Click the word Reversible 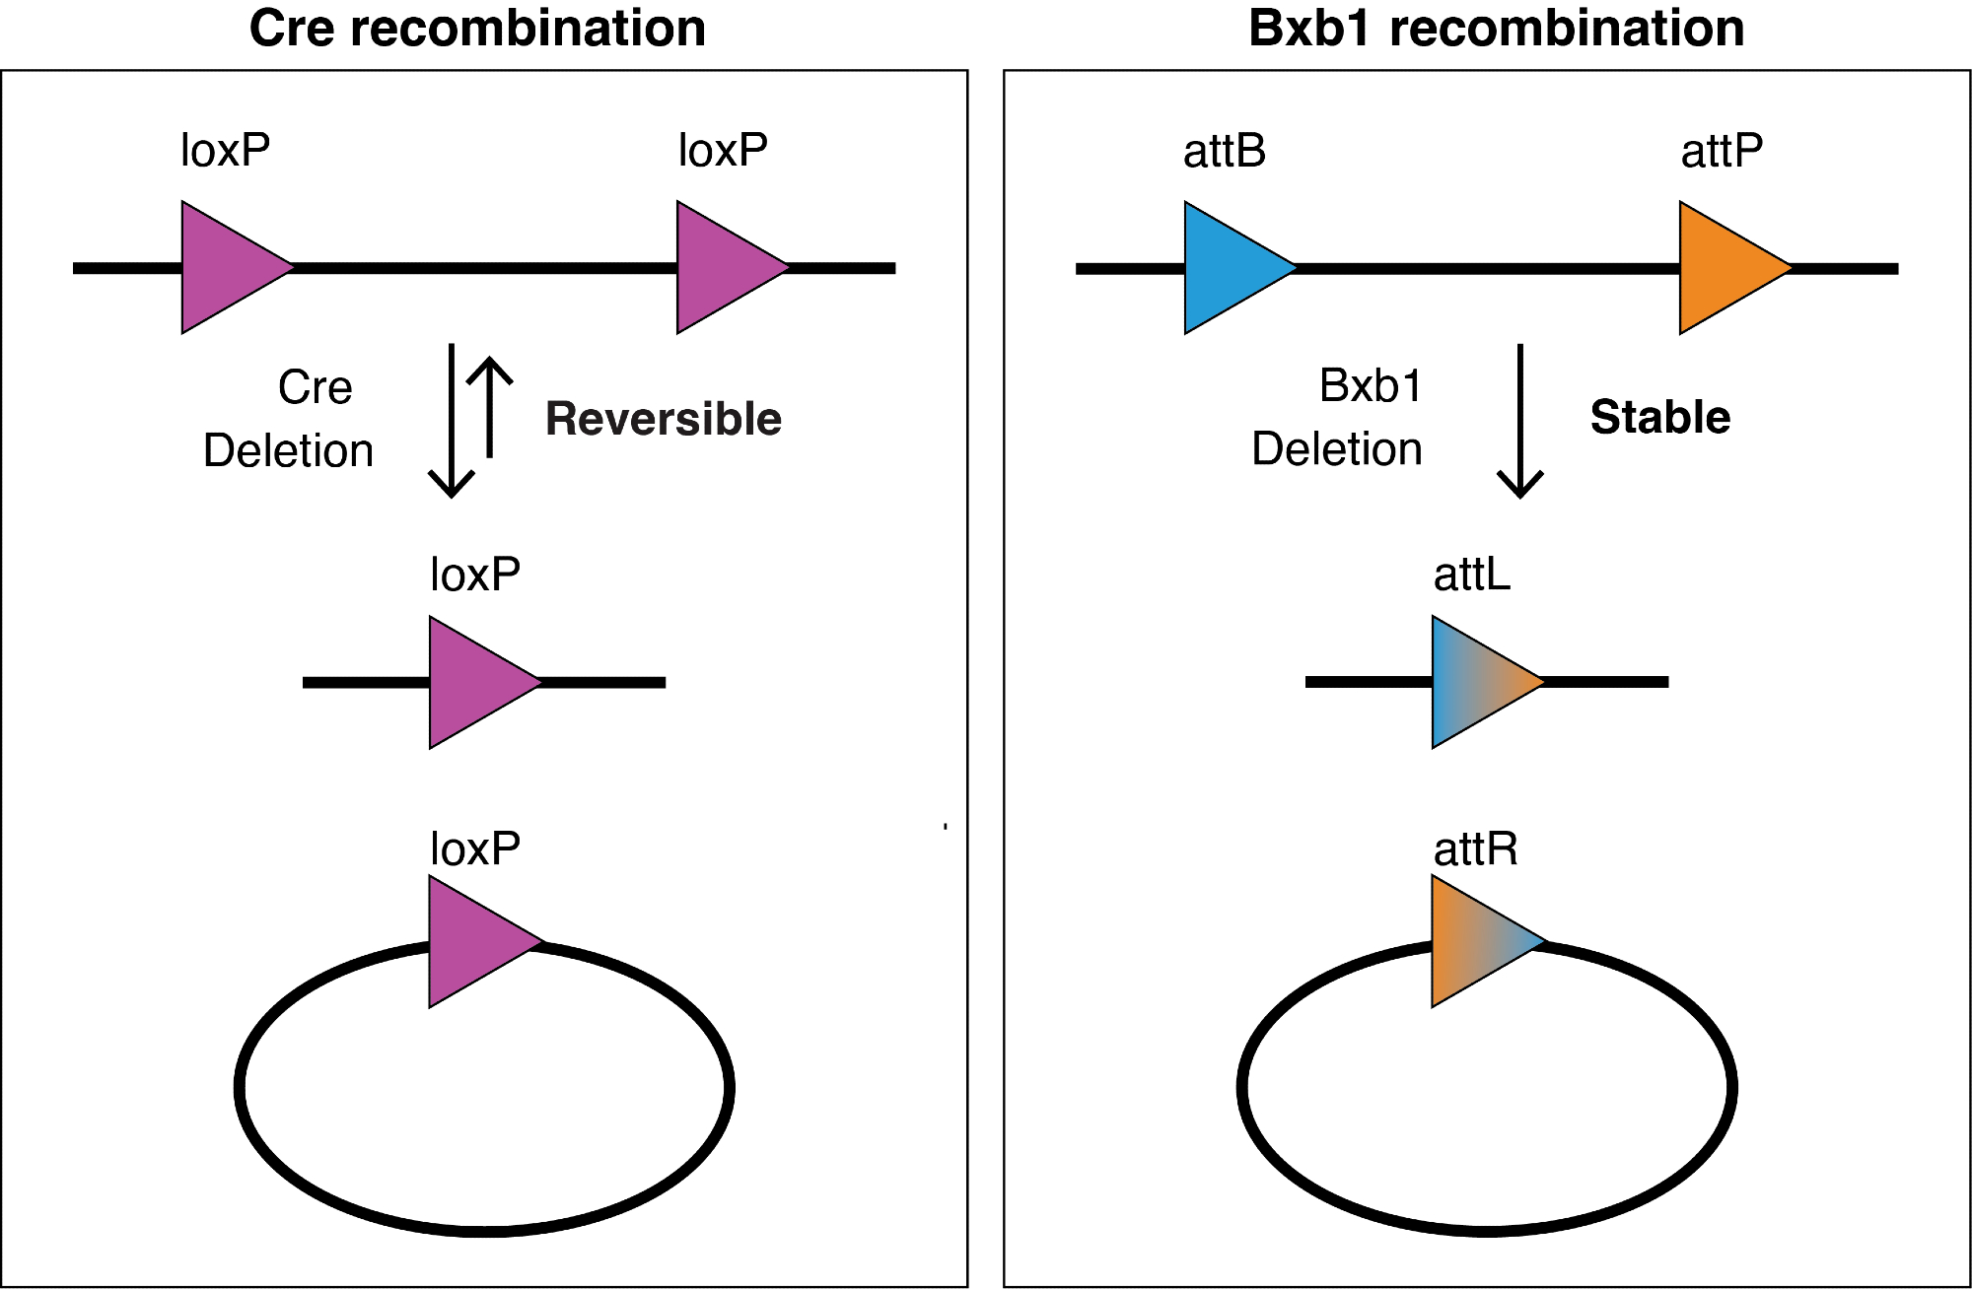[x=664, y=419]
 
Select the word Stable [x=1660, y=417]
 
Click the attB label [x=1225, y=151]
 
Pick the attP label [x=1722, y=151]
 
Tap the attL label [x=1471, y=574]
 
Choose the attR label [x=1475, y=848]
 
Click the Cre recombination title [x=477, y=28]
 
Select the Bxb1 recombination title [x=1496, y=28]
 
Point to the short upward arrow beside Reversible [x=489, y=407]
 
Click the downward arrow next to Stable [x=1519, y=421]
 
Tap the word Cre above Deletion [x=315, y=387]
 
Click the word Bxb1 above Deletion [x=1371, y=385]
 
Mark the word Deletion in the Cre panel [x=288, y=450]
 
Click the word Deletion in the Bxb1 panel [x=1336, y=449]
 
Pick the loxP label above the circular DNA [x=474, y=848]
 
